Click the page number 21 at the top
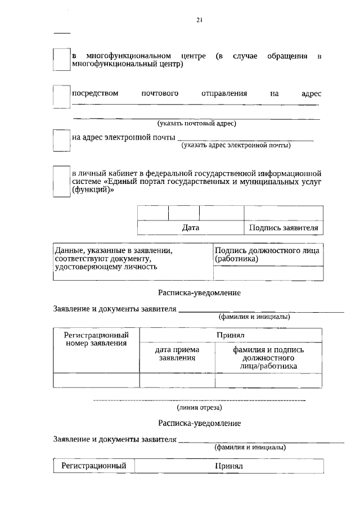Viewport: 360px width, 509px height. (x=200, y=20)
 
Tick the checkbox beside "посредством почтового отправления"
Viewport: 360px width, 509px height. (x=61, y=96)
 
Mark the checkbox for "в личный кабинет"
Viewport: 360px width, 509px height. (x=61, y=181)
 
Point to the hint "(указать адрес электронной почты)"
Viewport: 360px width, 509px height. (x=236, y=145)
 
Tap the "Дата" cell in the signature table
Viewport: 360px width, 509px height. (x=191, y=228)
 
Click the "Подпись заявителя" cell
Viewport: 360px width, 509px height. (x=283, y=228)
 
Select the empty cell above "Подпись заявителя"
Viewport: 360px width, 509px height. (x=283, y=213)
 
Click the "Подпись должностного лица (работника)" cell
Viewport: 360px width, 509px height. (x=268, y=255)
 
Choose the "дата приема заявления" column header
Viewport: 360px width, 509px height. (x=177, y=353)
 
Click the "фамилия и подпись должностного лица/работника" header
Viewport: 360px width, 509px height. (x=268, y=358)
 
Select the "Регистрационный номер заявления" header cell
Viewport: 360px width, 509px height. (x=96, y=339)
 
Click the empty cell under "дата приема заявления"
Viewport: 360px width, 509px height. (x=177, y=380)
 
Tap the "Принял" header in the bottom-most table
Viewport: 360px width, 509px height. (x=228, y=466)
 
